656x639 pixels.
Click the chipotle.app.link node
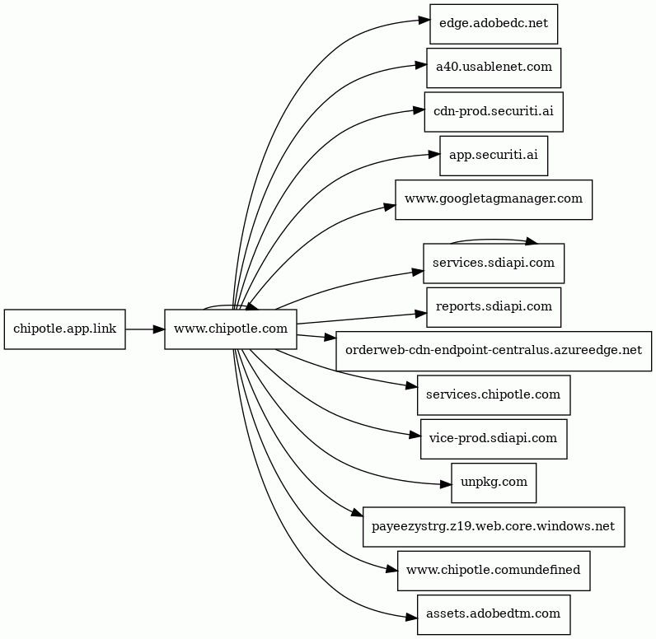65,329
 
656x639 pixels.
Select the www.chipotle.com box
231,329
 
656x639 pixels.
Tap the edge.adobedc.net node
494,24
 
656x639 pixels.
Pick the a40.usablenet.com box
494,68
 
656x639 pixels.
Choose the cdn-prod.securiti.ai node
494,112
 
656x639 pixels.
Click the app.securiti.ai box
494,156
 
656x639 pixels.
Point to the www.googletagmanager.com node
494,199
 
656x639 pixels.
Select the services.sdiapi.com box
494,264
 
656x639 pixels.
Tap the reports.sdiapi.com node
494,307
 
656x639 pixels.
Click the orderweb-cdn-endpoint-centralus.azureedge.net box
494,351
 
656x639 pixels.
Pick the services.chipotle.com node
494,395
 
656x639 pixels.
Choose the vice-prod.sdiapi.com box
494,439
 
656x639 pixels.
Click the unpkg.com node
494,483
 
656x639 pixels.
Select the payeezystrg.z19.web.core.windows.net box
494,526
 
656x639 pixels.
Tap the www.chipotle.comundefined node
494,571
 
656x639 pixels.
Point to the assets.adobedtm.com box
494,614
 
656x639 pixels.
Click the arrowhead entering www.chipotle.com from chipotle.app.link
159,329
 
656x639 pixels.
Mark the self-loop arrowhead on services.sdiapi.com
532,241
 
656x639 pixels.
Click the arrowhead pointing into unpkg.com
446,485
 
